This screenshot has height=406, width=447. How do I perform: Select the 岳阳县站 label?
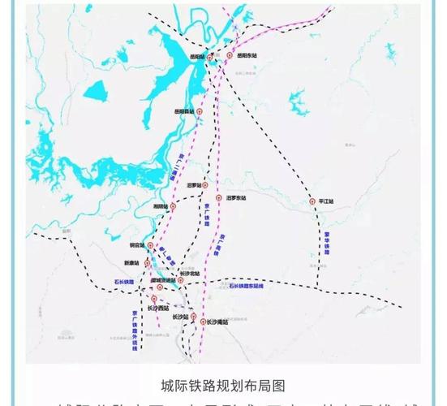(186, 111)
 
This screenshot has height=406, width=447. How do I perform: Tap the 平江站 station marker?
(313, 201)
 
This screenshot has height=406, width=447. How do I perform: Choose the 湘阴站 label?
(161, 206)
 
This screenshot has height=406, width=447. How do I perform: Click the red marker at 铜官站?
(148, 244)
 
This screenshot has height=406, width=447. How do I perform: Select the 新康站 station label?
(132, 263)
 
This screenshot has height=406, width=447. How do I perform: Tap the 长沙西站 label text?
(157, 309)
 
